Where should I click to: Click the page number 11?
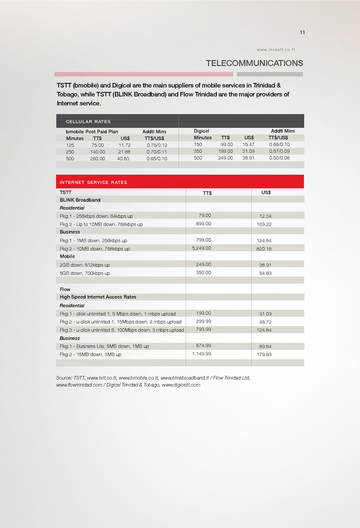(302, 32)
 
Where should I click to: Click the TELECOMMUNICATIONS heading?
(254, 63)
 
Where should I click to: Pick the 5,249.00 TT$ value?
(202, 248)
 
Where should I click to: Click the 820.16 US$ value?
(265, 249)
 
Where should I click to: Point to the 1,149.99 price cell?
(202, 354)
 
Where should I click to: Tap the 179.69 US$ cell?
(265, 354)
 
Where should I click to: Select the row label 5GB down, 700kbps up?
(84, 273)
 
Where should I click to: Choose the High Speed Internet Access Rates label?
(98, 297)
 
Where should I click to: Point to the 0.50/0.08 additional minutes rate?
(279, 158)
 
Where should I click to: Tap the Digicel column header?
(202, 131)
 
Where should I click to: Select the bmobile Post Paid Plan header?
(92, 131)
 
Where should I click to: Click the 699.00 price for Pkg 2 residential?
(203, 224)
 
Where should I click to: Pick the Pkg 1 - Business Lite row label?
(104, 346)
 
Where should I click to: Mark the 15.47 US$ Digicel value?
(249, 144)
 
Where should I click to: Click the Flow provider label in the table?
(65, 289)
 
